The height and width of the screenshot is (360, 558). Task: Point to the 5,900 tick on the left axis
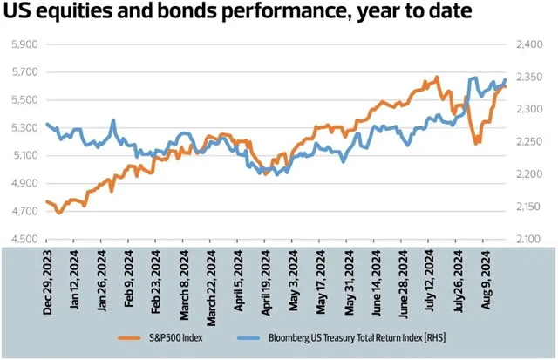pyautogui.click(x=24, y=44)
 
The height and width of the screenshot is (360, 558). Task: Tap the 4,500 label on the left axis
pyautogui.click(x=24, y=239)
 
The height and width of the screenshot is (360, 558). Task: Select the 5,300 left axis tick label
pyautogui.click(x=24, y=128)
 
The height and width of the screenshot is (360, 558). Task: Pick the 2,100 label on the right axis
pyautogui.click(x=529, y=239)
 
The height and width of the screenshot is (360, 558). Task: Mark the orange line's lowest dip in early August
pyautogui.click(x=476, y=143)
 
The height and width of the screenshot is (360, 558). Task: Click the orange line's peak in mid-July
pyautogui.click(x=436, y=77)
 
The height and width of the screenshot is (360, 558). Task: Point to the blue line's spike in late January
pyautogui.click(x=113, y=120)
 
